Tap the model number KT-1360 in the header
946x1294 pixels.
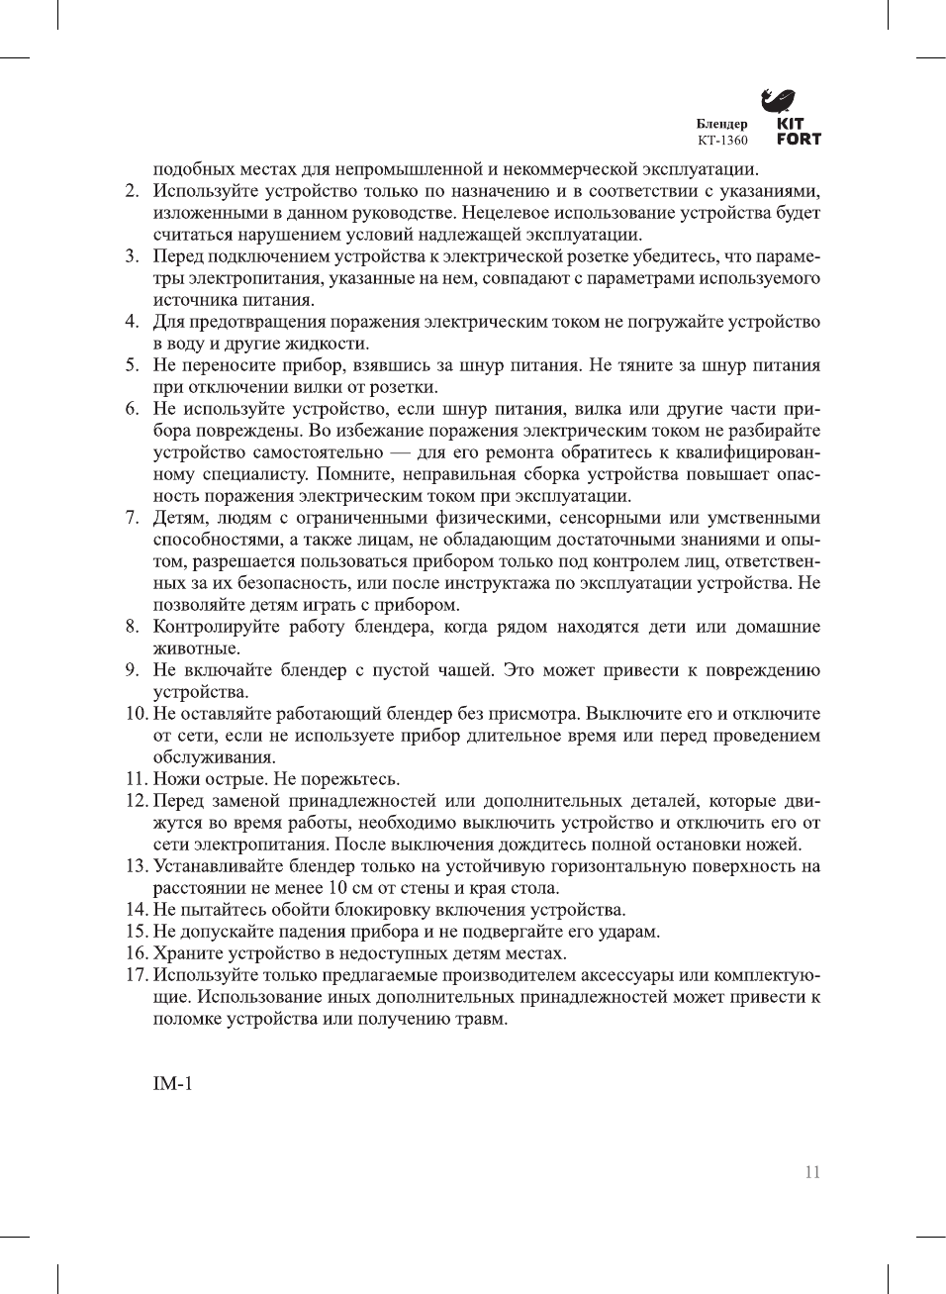coord(722,141)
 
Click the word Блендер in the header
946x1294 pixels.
coord(721,124)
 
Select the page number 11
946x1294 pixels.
coord(812,1172)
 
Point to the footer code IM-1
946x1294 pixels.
coord(172,1083)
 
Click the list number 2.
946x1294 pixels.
coord(132,191)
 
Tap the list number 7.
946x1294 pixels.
coord(132,518)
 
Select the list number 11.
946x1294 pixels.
coord(136,779)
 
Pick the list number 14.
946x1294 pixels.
coord(136,910)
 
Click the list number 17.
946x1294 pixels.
coord(136,975)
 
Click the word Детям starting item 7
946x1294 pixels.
coord(179,518)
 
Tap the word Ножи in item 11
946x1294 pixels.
coord(176,779)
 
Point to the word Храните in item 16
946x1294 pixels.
coord(186,953)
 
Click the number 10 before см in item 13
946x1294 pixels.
coord(337,888)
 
